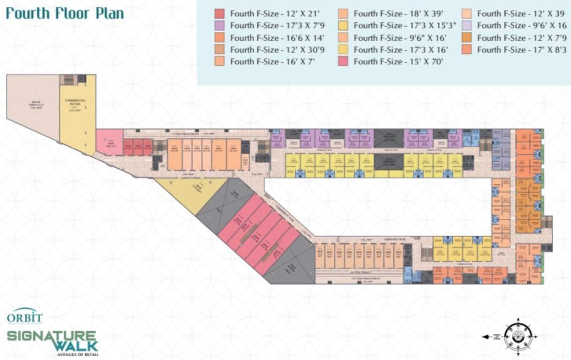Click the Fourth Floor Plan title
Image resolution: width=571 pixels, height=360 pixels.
pyautogui.click(x=65, y=13)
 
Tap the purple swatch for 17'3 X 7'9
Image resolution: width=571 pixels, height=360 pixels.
pyautogui.click(x=219, y=25)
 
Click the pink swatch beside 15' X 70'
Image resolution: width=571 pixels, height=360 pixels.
pyautogui.click(x=343, y=61)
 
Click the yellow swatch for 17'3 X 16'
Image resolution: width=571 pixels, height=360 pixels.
pyautogui.click(x=343, y=49)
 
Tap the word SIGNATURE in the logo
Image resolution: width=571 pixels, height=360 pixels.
pyautogui.click(x=52, y=336)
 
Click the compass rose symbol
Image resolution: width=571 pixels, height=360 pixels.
pyautogui.click(x=518, y=336)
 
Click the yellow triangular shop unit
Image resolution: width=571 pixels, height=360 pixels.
pyautogui.click(x=188, y=192)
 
